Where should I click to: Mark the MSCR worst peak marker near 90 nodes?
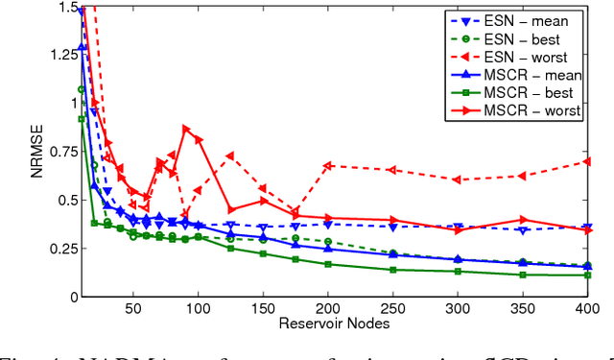click(186, 129)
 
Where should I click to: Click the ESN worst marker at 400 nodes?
click(587, 161)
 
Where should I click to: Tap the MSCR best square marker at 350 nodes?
click(522, 275)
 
